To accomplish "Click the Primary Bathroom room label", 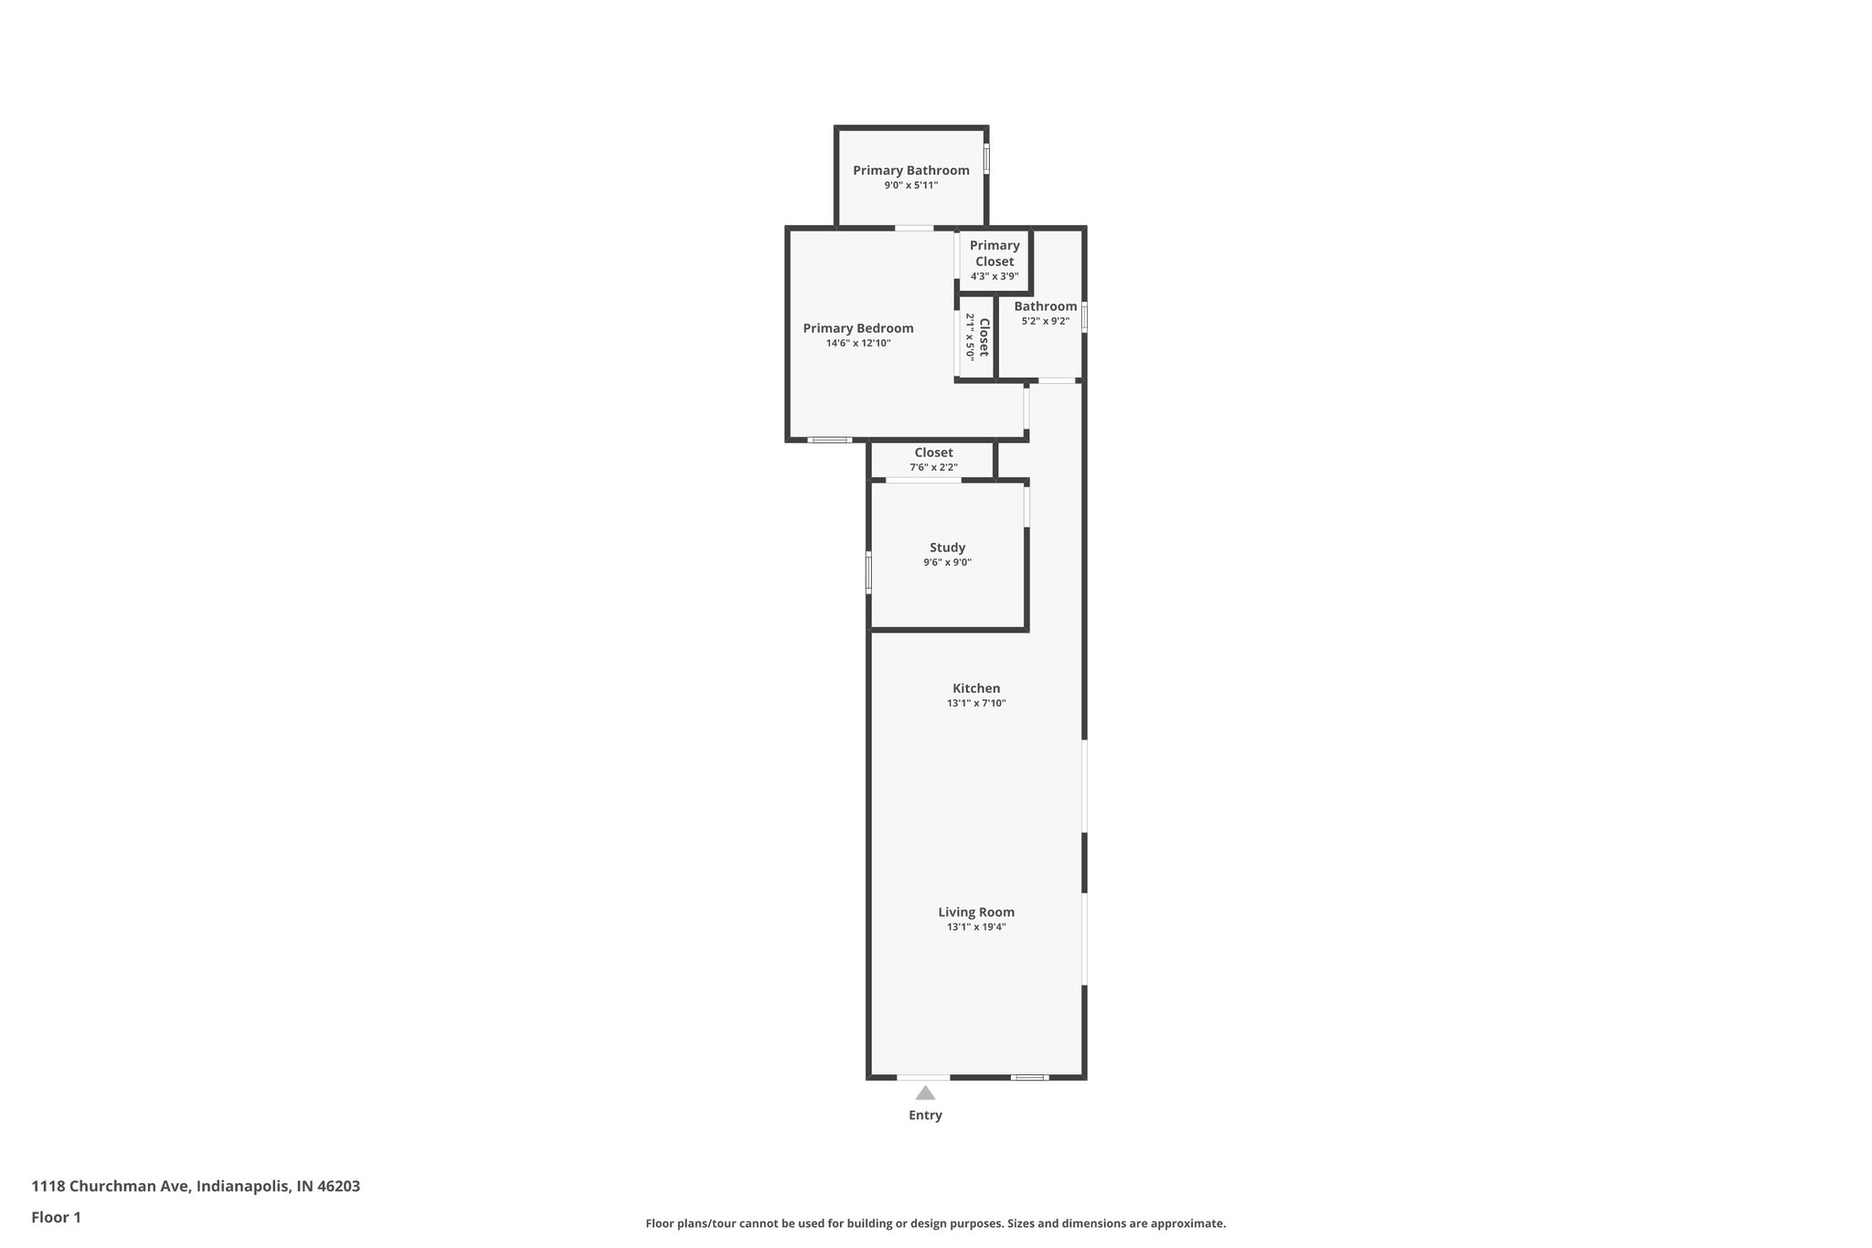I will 910,170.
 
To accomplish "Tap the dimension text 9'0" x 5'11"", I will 910,186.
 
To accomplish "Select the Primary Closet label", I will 994,253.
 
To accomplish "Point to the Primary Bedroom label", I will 857,328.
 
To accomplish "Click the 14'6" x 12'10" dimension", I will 857,344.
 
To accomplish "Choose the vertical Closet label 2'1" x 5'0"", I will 977,337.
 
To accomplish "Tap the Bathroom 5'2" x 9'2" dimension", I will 1045,321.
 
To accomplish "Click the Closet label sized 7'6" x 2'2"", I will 933,453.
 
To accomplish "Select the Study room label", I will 947,548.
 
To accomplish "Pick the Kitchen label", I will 976,688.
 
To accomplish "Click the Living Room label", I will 976,912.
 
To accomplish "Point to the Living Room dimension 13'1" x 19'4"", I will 976,927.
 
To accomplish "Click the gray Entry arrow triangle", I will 925,1093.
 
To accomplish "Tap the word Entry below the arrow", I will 925,1115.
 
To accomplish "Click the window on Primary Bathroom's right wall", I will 986,159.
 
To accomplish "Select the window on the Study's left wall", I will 868,572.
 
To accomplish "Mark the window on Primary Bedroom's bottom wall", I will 830,440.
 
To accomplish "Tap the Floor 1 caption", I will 57,1218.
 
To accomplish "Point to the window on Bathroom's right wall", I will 1084,317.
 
